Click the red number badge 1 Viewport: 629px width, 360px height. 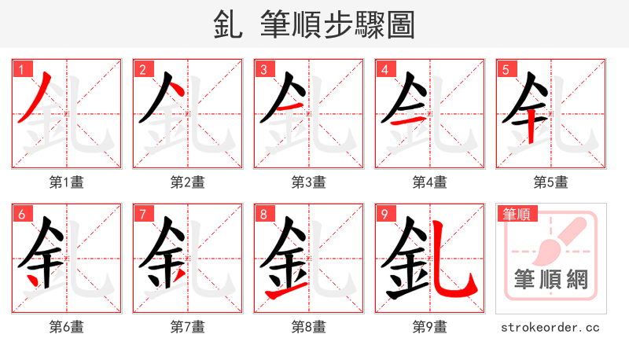coord(21,69)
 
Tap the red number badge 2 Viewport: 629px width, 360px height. coord(142,69)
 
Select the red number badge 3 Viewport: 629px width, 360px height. coord(263,69)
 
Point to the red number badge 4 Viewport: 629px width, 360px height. coord(384,69)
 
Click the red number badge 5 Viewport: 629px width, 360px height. coord(506,69)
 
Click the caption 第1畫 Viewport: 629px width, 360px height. coord(67,182)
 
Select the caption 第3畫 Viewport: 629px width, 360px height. coord(309,182)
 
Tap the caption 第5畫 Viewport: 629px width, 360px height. coord(551,182)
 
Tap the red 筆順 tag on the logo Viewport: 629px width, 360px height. coord(516,214)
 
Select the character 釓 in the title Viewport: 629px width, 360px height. coord(229,25)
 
